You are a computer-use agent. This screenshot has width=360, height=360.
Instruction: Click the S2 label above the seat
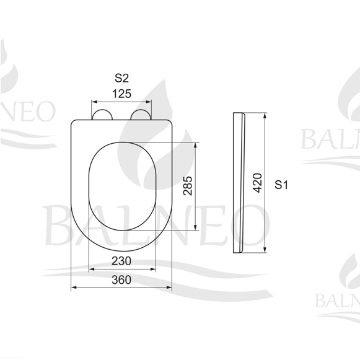tap(121, 78)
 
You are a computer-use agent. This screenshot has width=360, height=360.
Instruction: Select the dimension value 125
tap(121, 94)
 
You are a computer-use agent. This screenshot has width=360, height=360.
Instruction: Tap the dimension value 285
tap(188, 186)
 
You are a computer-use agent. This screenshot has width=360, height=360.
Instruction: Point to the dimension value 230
tap(121, 261)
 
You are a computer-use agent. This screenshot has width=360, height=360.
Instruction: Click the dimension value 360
tap(121, 279)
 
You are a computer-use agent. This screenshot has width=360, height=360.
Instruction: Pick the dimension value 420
tap(257, 183)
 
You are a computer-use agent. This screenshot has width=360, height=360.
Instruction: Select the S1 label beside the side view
tap(281, 185)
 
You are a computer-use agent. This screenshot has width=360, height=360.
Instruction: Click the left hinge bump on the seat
tap(102, 115)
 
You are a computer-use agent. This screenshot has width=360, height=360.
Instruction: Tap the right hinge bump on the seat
tap(141, 115)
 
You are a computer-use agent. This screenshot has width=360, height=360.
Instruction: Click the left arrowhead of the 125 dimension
tap(94, 102)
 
